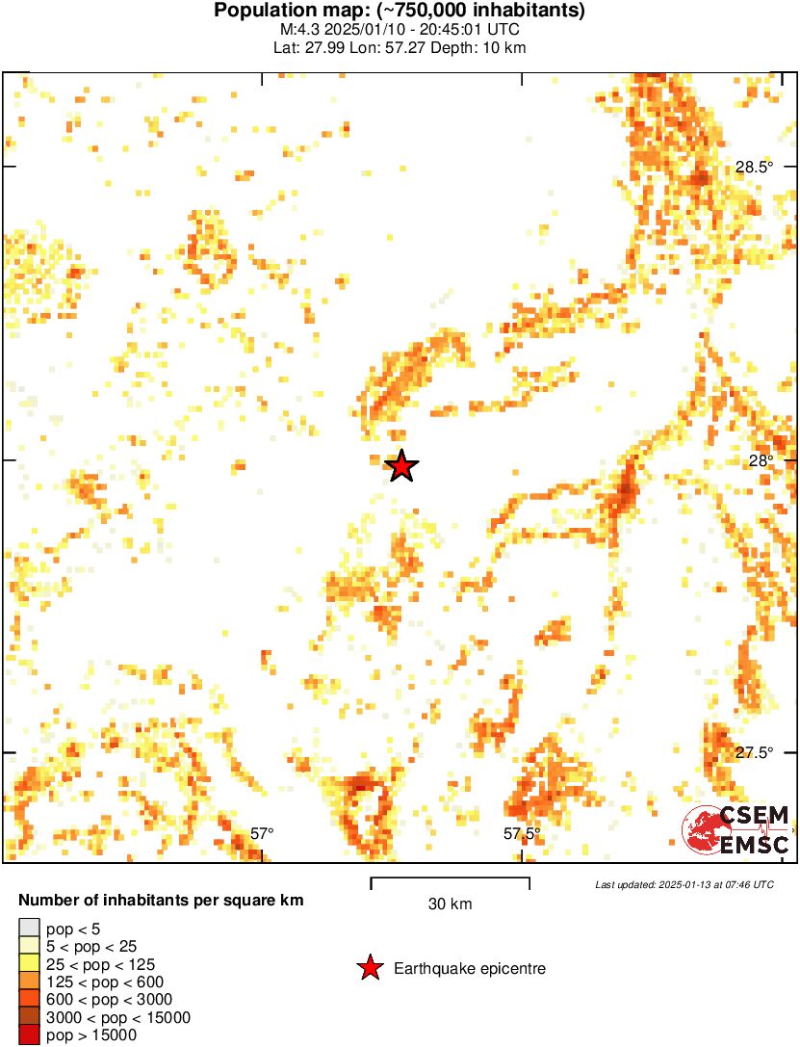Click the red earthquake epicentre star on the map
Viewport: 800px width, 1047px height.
[401, 466]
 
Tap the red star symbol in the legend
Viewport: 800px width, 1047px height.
[369, 968]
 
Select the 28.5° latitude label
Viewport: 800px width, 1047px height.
[754, 167]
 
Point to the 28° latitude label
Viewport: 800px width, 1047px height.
[761, 460]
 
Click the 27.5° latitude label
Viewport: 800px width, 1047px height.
[754, 752]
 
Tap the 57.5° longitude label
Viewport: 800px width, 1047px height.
[521, 833]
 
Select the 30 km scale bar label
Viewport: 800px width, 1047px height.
[450, 904]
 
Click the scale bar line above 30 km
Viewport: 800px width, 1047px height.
[450, 879]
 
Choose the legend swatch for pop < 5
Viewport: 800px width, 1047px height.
[29, 929]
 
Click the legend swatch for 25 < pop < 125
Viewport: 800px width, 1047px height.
[29, 964]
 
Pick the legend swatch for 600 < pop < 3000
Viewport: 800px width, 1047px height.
[29, 1000]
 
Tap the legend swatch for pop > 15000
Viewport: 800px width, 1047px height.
[29, 1035]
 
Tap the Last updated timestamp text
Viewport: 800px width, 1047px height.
[684, 884]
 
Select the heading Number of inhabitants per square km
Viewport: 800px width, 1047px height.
[162, 902]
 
